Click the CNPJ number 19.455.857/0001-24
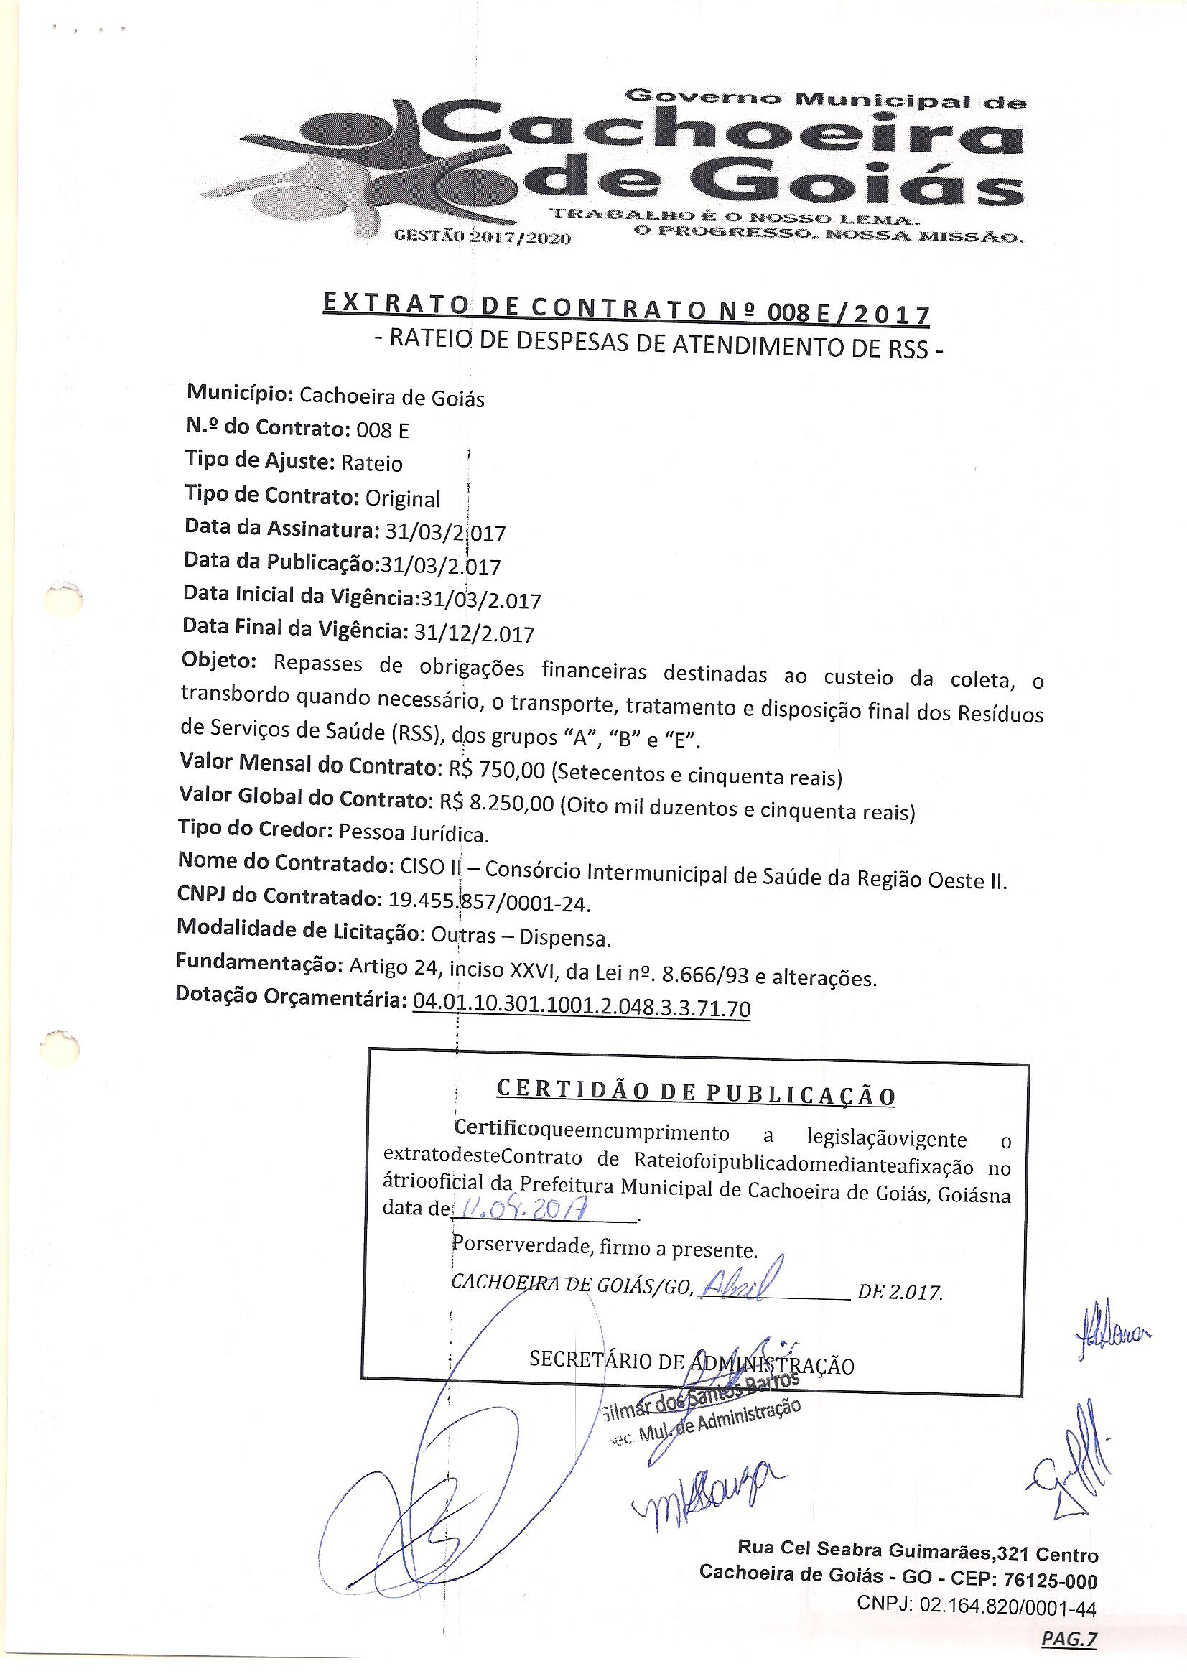(487, 903)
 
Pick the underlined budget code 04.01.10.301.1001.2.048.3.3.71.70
(582, 1008)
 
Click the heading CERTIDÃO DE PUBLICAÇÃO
(695, 1094)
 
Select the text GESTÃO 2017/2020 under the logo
(482, 238)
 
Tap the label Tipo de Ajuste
(259, 462)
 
